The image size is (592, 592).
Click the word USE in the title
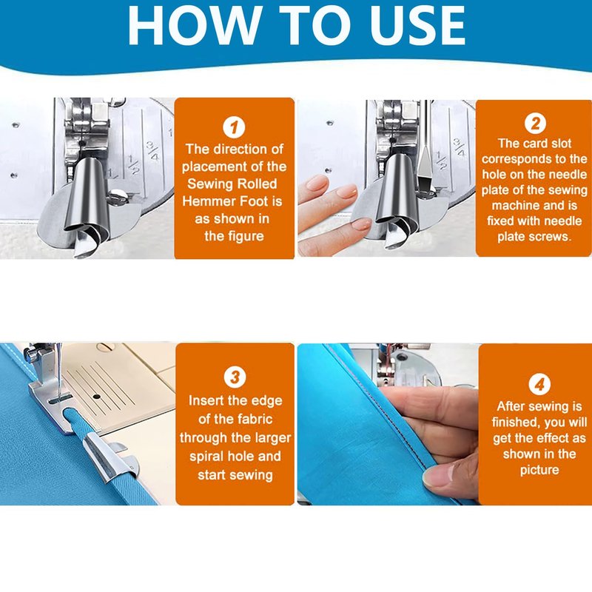pyautogui.click(x=417, y=25)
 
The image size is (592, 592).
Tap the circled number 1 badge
pyautogui.click(x=234, y=127)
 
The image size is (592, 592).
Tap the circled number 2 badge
pyautogui.click(x=535, y=123)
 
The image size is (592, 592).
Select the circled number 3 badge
pyautogui.click(x=235, y=377)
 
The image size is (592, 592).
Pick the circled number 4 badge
pyautogui.click(x=539, y=384)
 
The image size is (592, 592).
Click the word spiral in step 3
pyautogui.click(x=208, y=457)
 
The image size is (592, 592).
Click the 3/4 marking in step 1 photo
pyautogui.click(x=153, y=150)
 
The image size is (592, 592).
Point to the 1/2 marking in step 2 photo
pyautogui.click(x=441, y=161)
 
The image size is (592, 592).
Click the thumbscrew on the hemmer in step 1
pyautogui.click(x=118, y=196)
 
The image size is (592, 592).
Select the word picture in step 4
pyautogui.click(x=539, y=471)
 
